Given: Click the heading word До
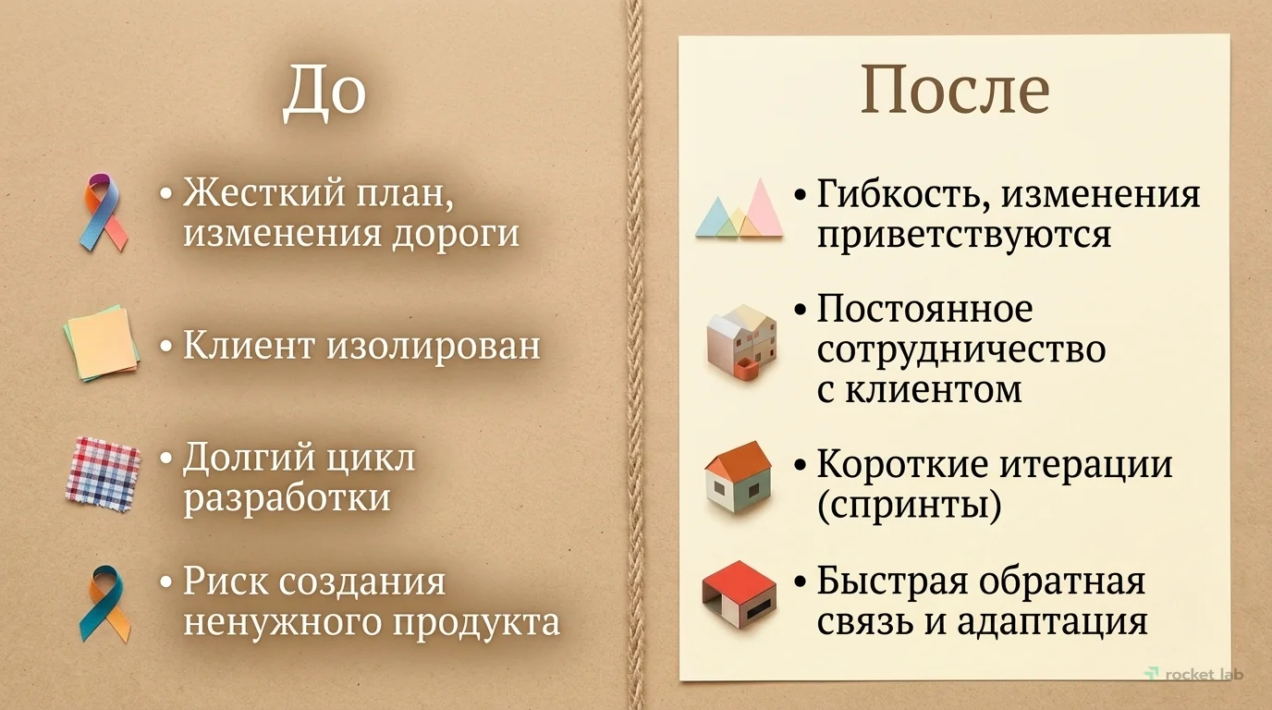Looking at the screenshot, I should [324, 92].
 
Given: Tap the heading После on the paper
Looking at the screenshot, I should [954, 90].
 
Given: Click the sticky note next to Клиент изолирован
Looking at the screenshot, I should [102, 343].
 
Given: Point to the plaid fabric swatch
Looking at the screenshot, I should [103, 472].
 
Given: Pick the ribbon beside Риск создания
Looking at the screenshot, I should [103, 603].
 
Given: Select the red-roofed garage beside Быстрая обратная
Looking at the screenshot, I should [739, 594].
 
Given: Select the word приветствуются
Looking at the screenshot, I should [963, 234].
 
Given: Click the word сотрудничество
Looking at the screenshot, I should [961, 349].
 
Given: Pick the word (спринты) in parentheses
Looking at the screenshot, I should [909, 506].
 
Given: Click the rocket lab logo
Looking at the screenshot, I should [1193, 674].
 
